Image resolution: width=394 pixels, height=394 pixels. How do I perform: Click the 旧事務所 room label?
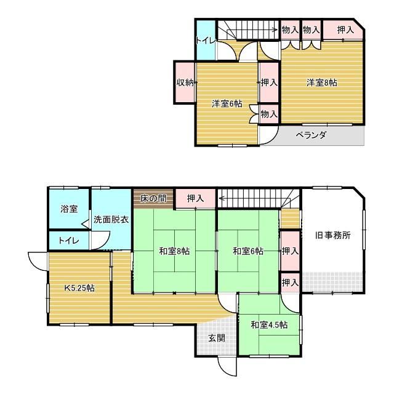pyautogui.click(x=332, y=235)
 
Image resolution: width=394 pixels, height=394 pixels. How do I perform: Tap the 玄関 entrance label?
pyautogui.click(x=217, y=338)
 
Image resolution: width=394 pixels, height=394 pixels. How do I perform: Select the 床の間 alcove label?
pyautogui.click(x=153, y=198)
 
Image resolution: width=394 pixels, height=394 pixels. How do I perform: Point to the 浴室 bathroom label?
pyautogui.click(x=69, y=209)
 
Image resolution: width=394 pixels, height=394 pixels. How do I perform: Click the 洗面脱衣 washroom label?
pyautogui.click(x=111, y=220)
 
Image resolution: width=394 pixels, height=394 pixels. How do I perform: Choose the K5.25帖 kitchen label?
pyautogui.click(x=79, y=288)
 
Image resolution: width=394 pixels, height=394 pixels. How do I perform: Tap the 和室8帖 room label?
pyautogui.click(x=174, y=251)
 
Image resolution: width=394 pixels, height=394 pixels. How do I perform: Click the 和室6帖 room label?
pyautogui.click(x=248, y=251)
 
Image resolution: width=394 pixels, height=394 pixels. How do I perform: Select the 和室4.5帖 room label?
pyautogui.click(x=269, y=325)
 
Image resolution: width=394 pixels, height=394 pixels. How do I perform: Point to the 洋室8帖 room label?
pyautogui.click(x=322, y=82)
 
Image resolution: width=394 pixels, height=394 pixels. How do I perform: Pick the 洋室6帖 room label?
pyautogui.click(x=227, y=103)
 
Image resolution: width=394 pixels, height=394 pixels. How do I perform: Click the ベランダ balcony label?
pyautogui.click(x=311, y=135)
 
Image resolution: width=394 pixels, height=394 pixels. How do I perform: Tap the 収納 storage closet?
pyautogui.click(x=185, y=82)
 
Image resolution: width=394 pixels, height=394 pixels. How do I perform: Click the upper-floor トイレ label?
pyautogui.click(x=206, y=41)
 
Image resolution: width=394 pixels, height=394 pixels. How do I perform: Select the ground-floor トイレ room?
pyautogui.click(x=69, y=241)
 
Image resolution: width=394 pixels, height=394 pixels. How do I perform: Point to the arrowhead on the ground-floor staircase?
pyautogui.click(x=222, y=198)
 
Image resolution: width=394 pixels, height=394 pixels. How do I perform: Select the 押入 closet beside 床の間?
pyautogui.click(x=195, y=198)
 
